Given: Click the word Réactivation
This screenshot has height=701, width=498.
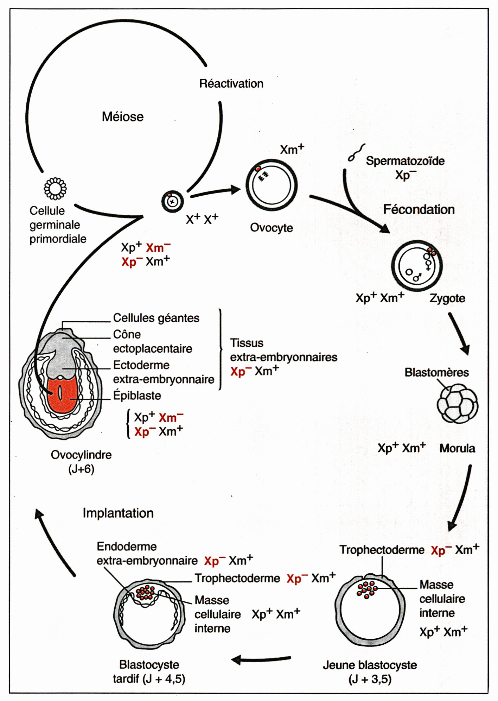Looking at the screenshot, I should tap(231, 84).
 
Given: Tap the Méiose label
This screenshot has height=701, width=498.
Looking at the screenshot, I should tap(123, 117).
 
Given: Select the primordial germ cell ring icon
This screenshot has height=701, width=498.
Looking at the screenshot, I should tap(55, 189).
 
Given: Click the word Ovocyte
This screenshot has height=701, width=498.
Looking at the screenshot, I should tap(271, 228).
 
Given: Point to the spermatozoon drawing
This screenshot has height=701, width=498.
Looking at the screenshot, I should tap(356, 152).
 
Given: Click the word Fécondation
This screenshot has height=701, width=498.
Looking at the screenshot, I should tap(419, 209).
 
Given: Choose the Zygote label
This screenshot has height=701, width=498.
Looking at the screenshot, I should tap(447, 298).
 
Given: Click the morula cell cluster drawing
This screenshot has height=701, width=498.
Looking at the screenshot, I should tap(457, 403).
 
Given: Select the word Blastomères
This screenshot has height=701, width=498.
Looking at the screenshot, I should tap(436, 372).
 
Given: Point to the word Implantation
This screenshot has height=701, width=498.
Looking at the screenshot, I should tap(118, 513).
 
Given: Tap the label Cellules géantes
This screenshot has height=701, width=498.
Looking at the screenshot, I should tap(156, 318).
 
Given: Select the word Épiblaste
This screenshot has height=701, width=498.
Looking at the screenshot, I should tap(137, 396).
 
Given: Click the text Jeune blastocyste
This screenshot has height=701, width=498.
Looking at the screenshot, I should tap(370, 665).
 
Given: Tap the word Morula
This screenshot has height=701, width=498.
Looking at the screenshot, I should tap(457, 448).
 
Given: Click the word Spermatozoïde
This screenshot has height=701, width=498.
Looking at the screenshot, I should tap(405, 161).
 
